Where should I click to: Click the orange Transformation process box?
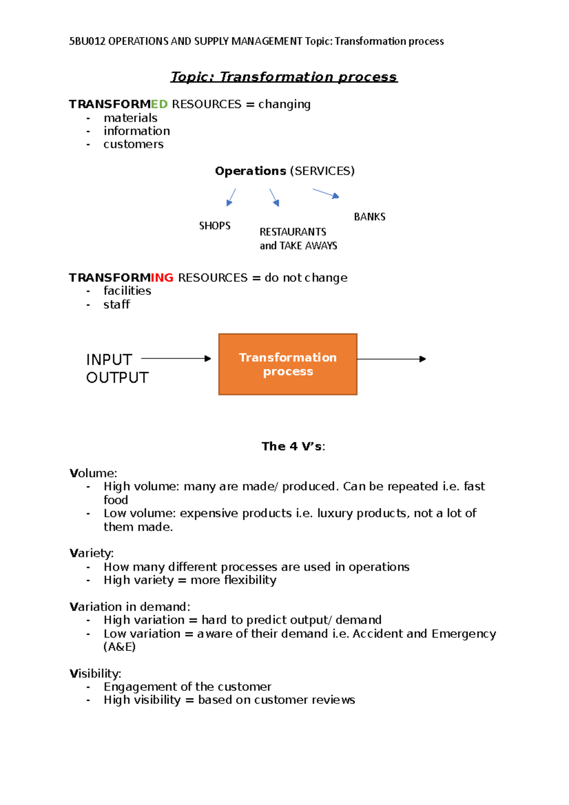pyautogui.click(x=287, y=364)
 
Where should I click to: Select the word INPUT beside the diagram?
pyautogui.click(x=109, y=360)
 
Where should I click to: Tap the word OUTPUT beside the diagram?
pyautogui.click(x=117, y=378)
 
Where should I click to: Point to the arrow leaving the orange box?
pyautogui.click(x=391, y=359)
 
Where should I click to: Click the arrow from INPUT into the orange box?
pyautogui.click(x=176, y=359)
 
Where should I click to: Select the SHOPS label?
pyautogui.click(x=215, y=226)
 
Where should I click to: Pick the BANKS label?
pyautogui.click(x=369, y=217)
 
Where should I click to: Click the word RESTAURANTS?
pyautogui.click(x=293, y=232)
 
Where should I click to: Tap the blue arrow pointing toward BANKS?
pyautogui.click(x=326, y=193)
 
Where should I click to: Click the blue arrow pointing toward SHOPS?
pyautogui.click(x=231, y=197)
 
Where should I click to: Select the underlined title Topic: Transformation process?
pyautogui.click(x=284, y=77)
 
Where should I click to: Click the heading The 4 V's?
pyautogui.click(x=293, y=447)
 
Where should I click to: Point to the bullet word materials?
pyautogui.click(x=130, y=118)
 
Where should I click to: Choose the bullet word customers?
pyautogui.click(x=133, y=145)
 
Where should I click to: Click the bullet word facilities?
pyautogui.click(x=127, y=291)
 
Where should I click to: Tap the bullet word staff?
pyautogui.click(x=116, y=304)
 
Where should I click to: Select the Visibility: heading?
pyautogui.click(x=95, y=674)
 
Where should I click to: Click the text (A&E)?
pyautogui.click(x=119, y=647)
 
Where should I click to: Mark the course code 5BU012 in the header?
pyautogui.click(x=87, y=41)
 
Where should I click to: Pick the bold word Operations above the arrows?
pyautogui.click(x=250, y=171)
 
